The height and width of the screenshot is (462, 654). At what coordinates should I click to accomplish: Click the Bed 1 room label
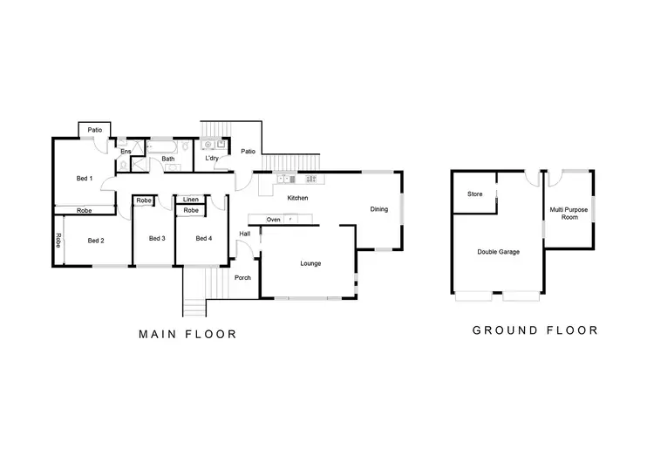[x=84, y=179]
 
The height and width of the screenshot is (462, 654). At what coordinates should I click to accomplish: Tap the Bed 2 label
[x=96, y=240]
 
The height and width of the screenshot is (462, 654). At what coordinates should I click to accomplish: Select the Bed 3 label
[x=157, y=239]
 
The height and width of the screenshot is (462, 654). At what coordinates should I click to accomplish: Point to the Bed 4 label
[x=203, y=239]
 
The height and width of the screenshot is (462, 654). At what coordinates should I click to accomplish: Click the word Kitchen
[x=298, y=198]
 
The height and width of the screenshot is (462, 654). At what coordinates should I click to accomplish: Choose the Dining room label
[x=378, y=208]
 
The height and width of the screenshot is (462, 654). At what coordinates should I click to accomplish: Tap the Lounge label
[x=311, y=262]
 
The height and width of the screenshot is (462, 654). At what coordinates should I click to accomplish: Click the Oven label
[x=274, y=219]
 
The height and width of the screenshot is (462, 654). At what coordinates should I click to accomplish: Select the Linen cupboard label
[x=190, y=200]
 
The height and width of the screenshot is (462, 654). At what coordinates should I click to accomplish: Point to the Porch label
[x=242, y=278]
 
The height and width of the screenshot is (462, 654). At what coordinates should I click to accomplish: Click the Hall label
[x=244, y=234]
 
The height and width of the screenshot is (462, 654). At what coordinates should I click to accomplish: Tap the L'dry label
[x=212, y=159]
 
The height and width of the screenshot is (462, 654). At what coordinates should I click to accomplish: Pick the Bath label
[x=167, y=159]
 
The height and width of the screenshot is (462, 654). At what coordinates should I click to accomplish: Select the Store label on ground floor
[x=475, y=194]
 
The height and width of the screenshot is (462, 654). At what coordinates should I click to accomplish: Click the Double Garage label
[x=499, y=252]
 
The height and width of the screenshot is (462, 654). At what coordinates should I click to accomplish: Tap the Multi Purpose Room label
[x=566, y=213]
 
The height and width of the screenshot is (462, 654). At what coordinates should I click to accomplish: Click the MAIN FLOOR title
[x=188, y=334]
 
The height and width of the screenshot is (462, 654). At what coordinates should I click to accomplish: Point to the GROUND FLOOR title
[x=535, y=330]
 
